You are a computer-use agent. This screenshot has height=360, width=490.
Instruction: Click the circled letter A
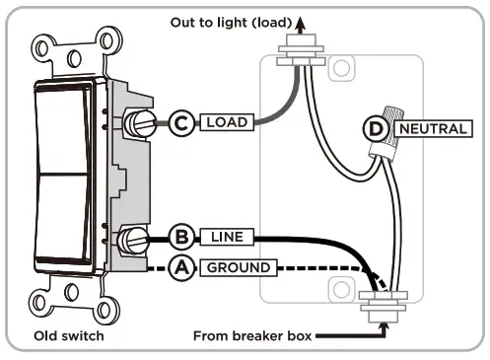click(181, 267)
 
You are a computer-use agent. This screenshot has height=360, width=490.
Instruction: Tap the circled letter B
click(181, 238)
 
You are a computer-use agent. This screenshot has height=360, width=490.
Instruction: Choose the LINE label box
click(227, 238)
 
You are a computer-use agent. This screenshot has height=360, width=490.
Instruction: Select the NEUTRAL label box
click(430, 128)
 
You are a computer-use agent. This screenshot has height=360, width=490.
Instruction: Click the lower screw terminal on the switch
click(134, 239)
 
